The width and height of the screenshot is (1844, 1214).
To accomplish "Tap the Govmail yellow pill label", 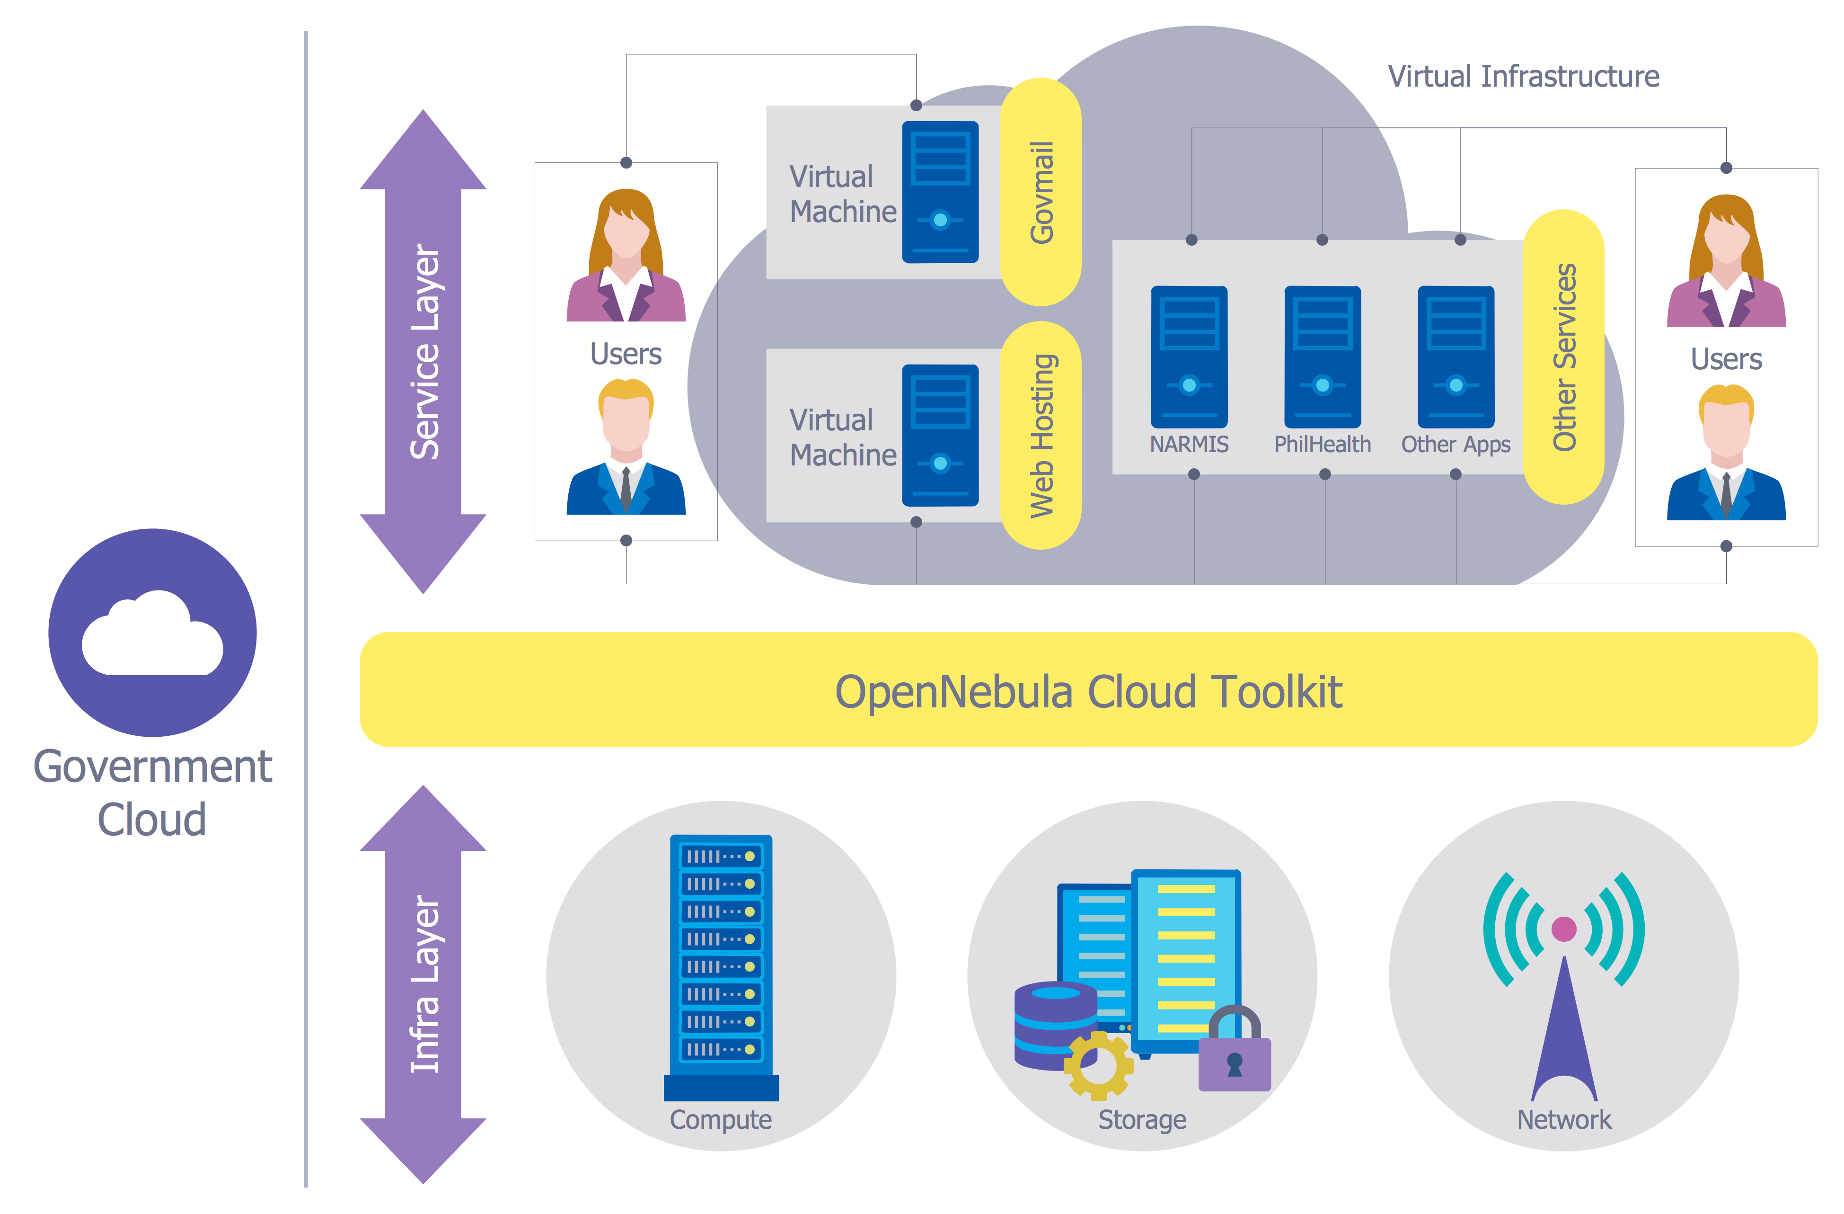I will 1041,192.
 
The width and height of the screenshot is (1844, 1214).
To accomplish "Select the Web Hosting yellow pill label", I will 1041,436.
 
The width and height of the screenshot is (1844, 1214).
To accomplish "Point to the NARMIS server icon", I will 1189,357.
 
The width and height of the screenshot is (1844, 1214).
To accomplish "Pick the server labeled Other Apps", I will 1456,357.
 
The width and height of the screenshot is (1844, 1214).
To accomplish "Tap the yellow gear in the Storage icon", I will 1098,1065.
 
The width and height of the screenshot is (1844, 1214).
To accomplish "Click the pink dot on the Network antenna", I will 1563,928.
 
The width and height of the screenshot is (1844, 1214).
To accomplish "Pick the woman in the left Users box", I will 626,256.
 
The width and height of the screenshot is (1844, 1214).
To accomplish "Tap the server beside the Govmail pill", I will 940,192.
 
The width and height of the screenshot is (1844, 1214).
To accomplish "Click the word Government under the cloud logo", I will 153,768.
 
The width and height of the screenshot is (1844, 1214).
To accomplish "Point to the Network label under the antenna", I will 1563,1119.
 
